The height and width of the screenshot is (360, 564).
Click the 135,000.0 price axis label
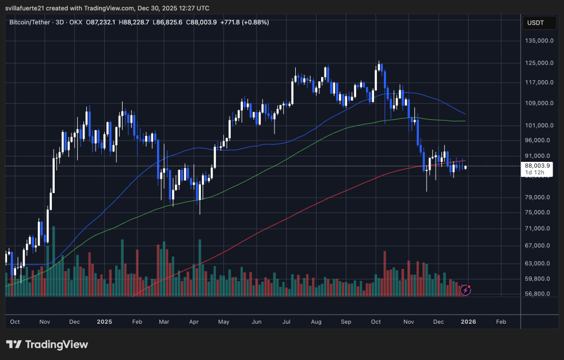pyautogui.click(x=540, y=41)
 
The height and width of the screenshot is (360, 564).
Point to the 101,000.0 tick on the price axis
pyautogui.click(x=540, y=125)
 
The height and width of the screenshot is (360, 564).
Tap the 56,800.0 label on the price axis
pyautogui.click(x=540, y=294)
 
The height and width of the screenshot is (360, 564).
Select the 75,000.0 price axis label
pyautogui.click(x=540, y=212)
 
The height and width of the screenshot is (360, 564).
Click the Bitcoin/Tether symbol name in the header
pyautogui.click(x=34, y=22)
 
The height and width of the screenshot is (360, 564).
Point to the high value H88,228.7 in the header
pyautogui.click(x=133, y=22)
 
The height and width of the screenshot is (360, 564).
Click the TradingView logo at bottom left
pyautogui.click(x=47, y=344)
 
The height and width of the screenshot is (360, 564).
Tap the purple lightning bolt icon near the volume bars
pyautogui.click(x=466, y=290)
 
